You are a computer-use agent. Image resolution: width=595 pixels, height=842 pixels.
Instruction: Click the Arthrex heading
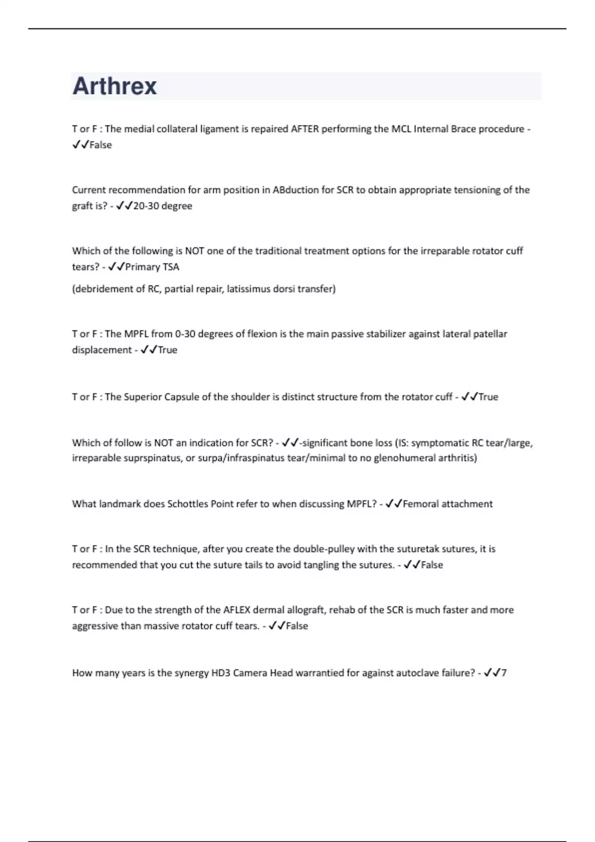(115, 86)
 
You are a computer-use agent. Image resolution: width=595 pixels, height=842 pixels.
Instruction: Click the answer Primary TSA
(152, 267)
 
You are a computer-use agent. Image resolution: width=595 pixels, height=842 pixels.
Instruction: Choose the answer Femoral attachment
(447, 504)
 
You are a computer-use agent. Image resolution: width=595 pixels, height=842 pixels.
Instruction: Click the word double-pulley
(323, 549)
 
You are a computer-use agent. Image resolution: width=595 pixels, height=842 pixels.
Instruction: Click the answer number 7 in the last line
(504, 673)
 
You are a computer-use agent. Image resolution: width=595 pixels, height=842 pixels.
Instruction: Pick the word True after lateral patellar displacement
(167, 350)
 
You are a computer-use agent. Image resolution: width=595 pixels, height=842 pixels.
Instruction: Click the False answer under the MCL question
(100, 145)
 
